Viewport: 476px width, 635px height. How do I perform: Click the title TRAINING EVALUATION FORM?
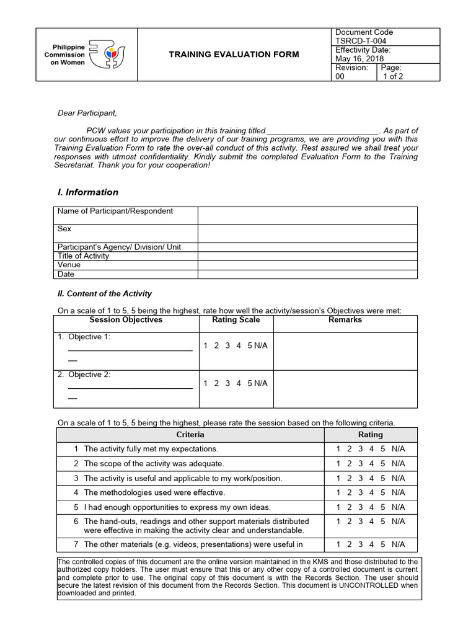pos(234,55)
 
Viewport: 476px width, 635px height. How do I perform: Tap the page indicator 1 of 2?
pos(393,76)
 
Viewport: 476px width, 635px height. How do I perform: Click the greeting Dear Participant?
pos(87,113)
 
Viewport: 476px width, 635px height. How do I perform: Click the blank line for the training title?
pos(322,131)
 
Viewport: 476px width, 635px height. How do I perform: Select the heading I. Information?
pos(87,192)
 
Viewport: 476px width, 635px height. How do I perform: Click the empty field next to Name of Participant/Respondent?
pos(307,215)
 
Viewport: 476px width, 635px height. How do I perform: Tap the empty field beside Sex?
pos(307,233)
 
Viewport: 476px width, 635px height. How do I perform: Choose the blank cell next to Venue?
pos(307,265)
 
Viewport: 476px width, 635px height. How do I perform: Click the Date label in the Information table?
pos(66,274)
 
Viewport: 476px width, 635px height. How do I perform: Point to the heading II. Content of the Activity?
pos(104,294)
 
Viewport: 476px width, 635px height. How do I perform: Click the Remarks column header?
pos(345,320)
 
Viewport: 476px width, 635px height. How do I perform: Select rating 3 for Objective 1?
pos(227,345)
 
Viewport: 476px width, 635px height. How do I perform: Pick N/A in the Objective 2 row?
pos(261,383)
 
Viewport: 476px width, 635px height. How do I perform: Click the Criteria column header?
pos(190,435)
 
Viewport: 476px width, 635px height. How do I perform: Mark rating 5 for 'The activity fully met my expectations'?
pos(382,448)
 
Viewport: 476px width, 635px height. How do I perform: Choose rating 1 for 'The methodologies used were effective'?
pos(338,492)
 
